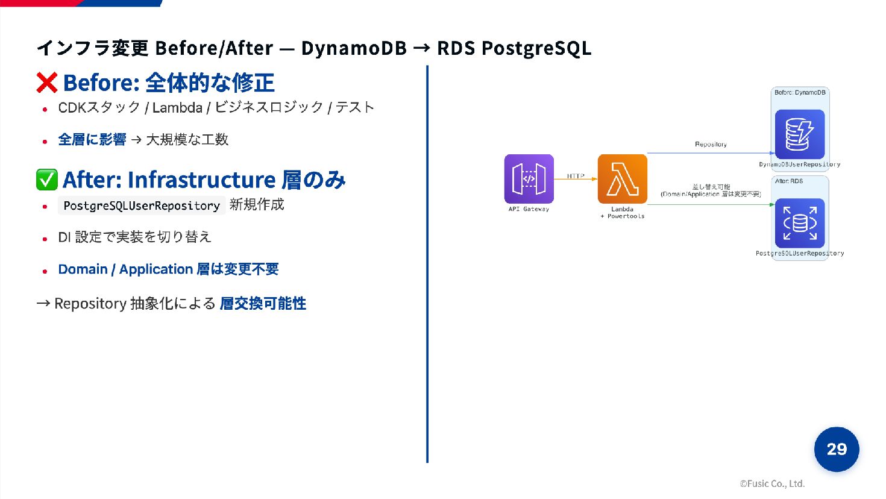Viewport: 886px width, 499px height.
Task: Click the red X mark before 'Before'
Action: click(x=46, y=83)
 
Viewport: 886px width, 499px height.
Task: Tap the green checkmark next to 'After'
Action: click(x=46, y=180)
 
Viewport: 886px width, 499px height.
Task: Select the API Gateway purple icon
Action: click(x=529, y=179)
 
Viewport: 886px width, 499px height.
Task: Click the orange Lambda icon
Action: click(x=622, y=179)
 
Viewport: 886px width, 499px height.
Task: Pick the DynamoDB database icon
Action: click(x=799, y=134)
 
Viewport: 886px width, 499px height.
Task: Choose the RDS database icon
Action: click(x=799, y=223)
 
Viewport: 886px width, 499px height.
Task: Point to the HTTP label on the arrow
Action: click(x=575, y=176)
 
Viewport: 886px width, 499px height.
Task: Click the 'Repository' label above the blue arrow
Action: click(x=711, y=145)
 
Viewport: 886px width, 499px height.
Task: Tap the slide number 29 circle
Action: click(x=836, y=449)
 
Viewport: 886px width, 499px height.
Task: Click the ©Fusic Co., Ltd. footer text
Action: click(x=772, y=483)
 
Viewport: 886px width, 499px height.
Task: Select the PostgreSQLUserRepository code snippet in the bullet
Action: click(x=142, y=206)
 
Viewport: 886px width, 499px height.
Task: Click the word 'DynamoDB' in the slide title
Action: click(x=354, y=48)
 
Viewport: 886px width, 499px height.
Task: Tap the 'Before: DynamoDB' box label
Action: click(x=800, y=93)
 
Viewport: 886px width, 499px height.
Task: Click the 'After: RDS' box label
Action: click(x=788, y=181)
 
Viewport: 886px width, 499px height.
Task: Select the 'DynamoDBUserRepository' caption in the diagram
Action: click(x=799, y=165)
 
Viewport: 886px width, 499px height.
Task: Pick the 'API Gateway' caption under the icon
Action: click(x=529, y=209)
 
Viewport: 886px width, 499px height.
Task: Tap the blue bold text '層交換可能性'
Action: click(x=263, y=303)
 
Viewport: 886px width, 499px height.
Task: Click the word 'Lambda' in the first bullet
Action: click(x=177, y=108)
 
